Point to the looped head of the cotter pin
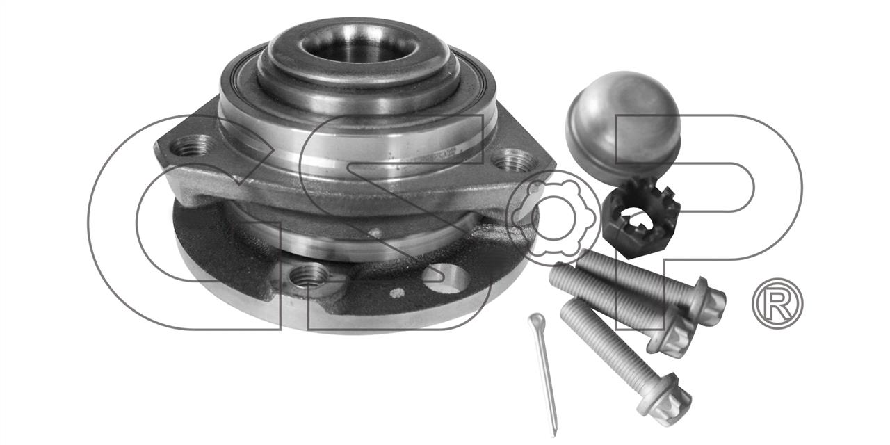(536, 321)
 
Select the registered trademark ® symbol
(777, 303)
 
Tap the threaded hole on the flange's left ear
(191, 146)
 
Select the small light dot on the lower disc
(397, 293)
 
